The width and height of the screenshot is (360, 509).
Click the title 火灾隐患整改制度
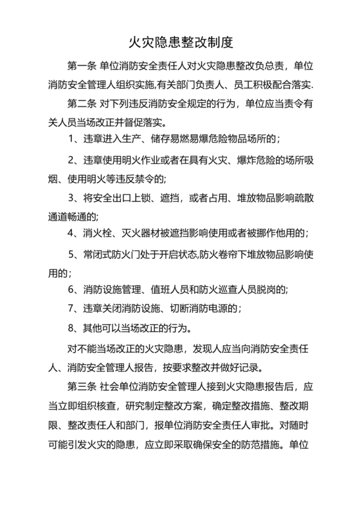point(180,42)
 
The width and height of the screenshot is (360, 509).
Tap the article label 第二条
point(81,103)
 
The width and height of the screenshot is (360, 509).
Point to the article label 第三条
point(81,388)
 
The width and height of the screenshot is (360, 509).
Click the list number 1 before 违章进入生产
point(71,138)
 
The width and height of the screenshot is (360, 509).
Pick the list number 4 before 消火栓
point(71,232)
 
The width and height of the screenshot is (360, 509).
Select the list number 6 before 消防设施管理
point(71,290)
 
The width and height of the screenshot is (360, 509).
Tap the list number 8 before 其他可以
point(71,328)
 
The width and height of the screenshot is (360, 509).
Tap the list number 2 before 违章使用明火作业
point(71,159)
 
